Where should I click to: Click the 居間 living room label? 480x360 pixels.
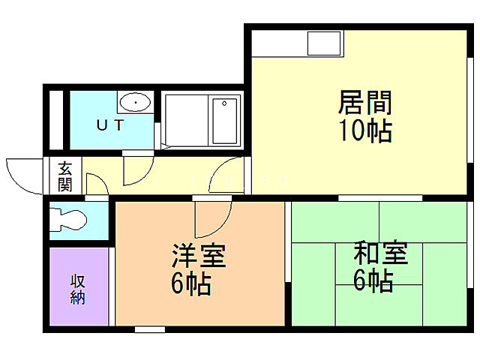366,102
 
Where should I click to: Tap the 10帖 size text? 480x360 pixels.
366,131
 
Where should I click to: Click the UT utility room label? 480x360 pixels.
109,125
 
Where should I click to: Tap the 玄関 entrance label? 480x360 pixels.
65,176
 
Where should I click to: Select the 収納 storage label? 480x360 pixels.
78,289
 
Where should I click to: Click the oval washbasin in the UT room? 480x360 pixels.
135,102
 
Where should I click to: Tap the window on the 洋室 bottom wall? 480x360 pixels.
149,329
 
